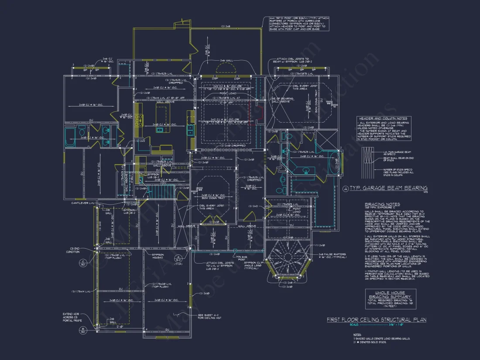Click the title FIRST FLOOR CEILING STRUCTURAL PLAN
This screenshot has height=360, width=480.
376,320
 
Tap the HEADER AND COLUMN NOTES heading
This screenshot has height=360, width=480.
383,118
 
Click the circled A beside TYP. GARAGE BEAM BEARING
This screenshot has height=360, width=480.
346,189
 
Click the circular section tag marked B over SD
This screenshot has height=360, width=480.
82,329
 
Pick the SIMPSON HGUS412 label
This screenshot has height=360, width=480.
158,255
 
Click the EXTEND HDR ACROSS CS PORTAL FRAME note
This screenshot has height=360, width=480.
72,317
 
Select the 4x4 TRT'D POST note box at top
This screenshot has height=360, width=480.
296,24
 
